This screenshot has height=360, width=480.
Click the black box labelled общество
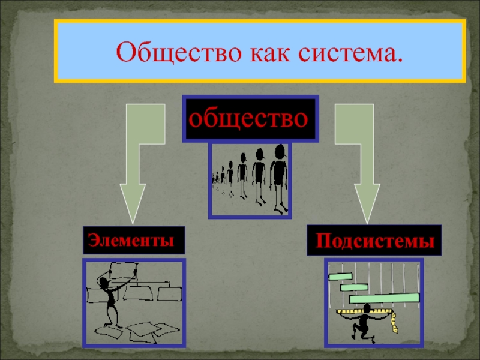click(250, 118)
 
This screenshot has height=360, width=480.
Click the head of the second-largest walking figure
click(260, 154)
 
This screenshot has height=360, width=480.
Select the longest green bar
click(385, 297)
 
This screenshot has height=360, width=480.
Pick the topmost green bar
click(340, 277)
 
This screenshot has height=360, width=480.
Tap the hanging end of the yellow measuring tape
click(394, 327)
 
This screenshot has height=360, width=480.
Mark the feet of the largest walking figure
click(280, 210)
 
